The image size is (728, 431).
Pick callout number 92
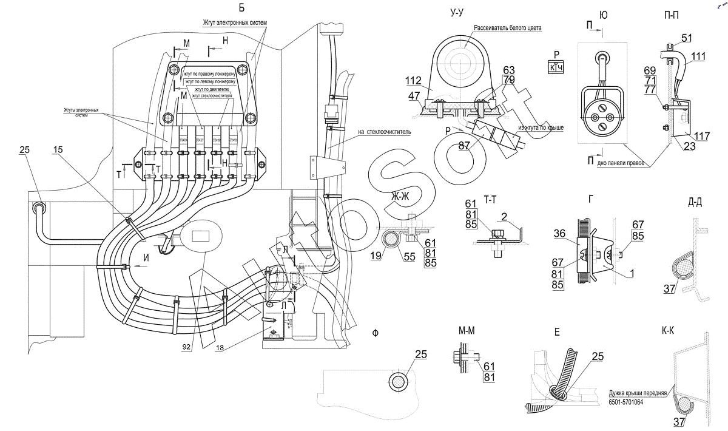click(186, 347)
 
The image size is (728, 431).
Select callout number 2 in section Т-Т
click(504, 216)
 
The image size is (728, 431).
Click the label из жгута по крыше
click(541, 128)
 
